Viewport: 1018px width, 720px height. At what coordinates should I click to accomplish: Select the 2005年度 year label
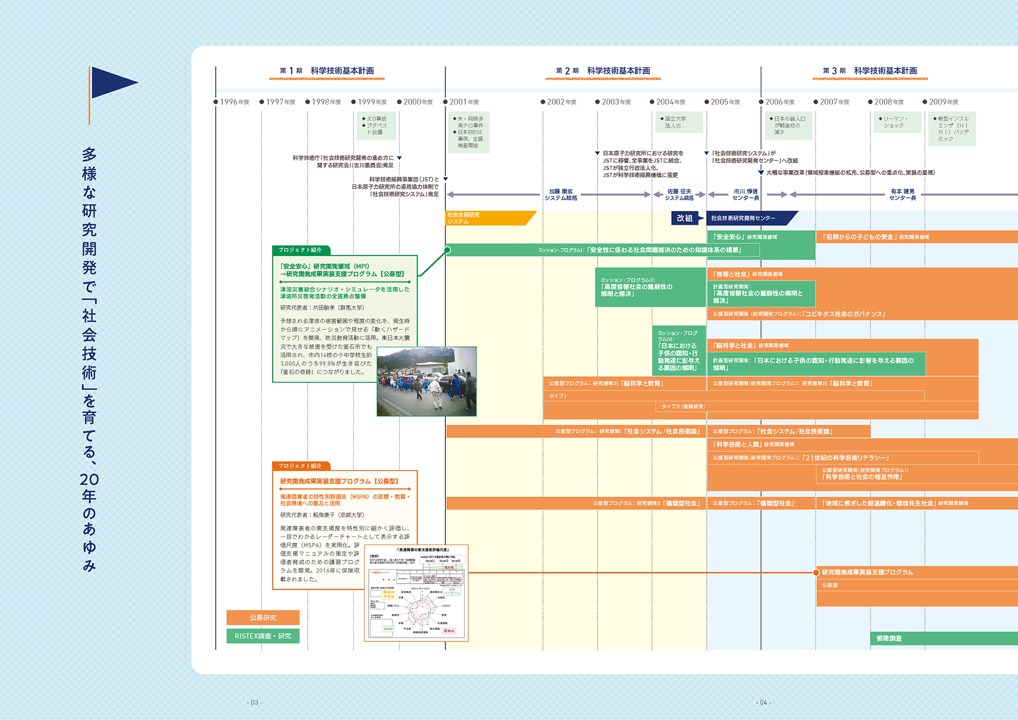pyautogui.click(x=725, y=102)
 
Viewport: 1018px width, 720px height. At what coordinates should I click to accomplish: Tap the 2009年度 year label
pyautogui.click(x=943, y=102)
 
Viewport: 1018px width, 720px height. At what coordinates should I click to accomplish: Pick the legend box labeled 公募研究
pyautogui.click(x=263, y=618)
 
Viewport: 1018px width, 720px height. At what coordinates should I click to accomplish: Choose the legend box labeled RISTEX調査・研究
pyautogui.click(x=263, y=636)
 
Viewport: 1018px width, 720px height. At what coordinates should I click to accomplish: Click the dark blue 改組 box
pyautogui.click(x=684, y=218)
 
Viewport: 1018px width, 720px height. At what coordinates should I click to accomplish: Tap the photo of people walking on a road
pyautogui.click(x=426, y=381)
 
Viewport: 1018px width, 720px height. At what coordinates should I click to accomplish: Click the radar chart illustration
pyautogui.click(x=417, y=593)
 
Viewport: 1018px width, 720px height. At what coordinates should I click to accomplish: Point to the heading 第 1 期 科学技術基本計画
pyautogui.click(x=327, y=71)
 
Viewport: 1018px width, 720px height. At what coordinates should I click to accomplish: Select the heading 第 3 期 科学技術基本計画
pyautogui.click(x=870, y=71)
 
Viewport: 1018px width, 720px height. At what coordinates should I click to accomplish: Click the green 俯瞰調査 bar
pyautogui.click(x=944, y=638)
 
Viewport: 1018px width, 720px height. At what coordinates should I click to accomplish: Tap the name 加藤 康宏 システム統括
pyautogui.click(x=560, y=195)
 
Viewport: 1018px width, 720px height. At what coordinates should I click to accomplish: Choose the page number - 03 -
pyautogui.click(x=254, y=703)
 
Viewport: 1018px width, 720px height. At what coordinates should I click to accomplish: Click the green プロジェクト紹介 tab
pyautogui.click(x=301, y=250)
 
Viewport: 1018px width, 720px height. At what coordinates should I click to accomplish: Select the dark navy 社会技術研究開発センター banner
pyautogui.click(x=748, y=218)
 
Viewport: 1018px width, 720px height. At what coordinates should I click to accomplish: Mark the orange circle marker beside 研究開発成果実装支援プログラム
pyautogui.click(x=816, y=573)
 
